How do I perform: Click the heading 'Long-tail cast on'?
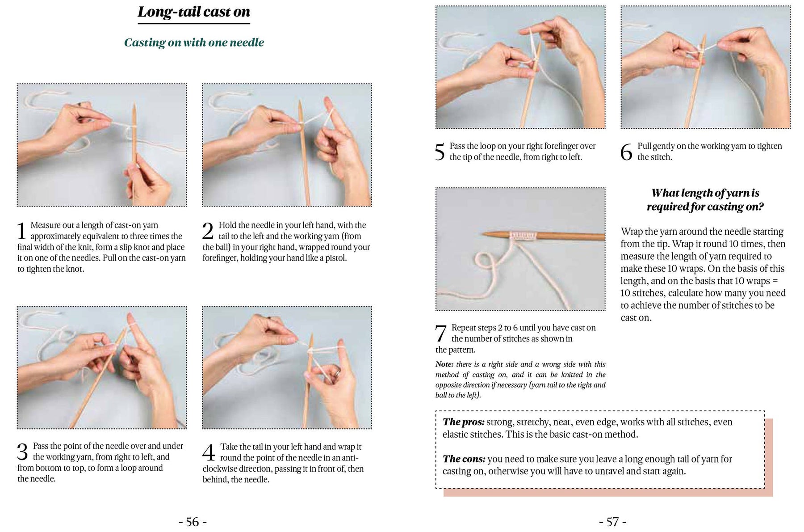[193, 12]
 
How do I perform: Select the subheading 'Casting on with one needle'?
[194, 42]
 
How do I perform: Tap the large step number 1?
[22, 232]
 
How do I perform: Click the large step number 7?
[441, 334]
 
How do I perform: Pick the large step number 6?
[627, 152]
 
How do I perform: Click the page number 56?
[193, 522]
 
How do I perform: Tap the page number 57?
[612, 522]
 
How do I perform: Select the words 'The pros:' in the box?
[463, 422]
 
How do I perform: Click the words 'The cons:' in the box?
[464, 459]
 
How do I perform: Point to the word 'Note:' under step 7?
[445, 364]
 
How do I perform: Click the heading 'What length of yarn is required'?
[705, 200]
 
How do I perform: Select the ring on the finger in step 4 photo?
[338, 372]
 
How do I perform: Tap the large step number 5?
[440, 152]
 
